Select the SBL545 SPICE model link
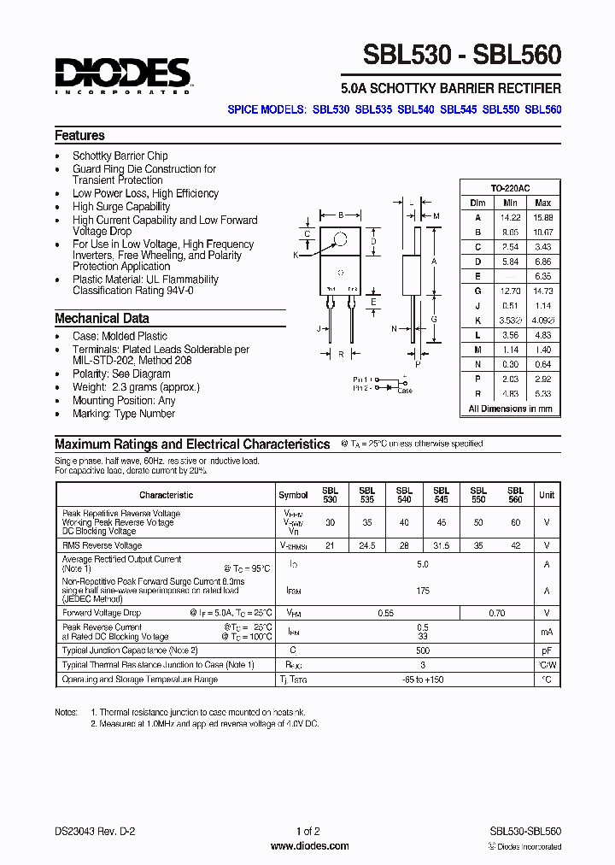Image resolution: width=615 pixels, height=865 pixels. tap(458, 109)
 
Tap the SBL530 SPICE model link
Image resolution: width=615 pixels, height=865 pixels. tap(331, 109)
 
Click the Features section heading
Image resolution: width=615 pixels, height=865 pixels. tap(79, 135)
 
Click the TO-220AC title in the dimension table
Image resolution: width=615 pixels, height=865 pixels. tap(510, 188)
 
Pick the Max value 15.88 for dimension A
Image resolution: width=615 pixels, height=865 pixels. tap(542, 217)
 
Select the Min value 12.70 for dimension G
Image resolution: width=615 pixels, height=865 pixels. tap(510, 291)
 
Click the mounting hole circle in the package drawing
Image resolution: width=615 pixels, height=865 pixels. tap(341, 239)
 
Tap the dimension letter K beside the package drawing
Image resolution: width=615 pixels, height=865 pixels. tap(296, 255)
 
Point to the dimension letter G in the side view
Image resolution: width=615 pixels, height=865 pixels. tap(434, 319)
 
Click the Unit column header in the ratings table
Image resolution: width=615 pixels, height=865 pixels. tap(547, 495)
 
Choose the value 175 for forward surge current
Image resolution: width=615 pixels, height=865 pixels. tap(423, 591)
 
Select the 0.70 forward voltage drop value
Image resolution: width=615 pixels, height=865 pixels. tap(497, 613)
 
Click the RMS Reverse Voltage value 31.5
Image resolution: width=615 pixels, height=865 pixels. tap(441, 545)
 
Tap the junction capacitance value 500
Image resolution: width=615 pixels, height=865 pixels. tap(423, 650)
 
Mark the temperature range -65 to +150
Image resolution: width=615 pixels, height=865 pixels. tap(423, 680)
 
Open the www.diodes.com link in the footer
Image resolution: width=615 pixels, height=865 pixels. tap(309, 846)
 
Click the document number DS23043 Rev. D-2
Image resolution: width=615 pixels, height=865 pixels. tap(95, 831)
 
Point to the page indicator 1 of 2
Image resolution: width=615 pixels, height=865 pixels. tap(308, 831)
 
